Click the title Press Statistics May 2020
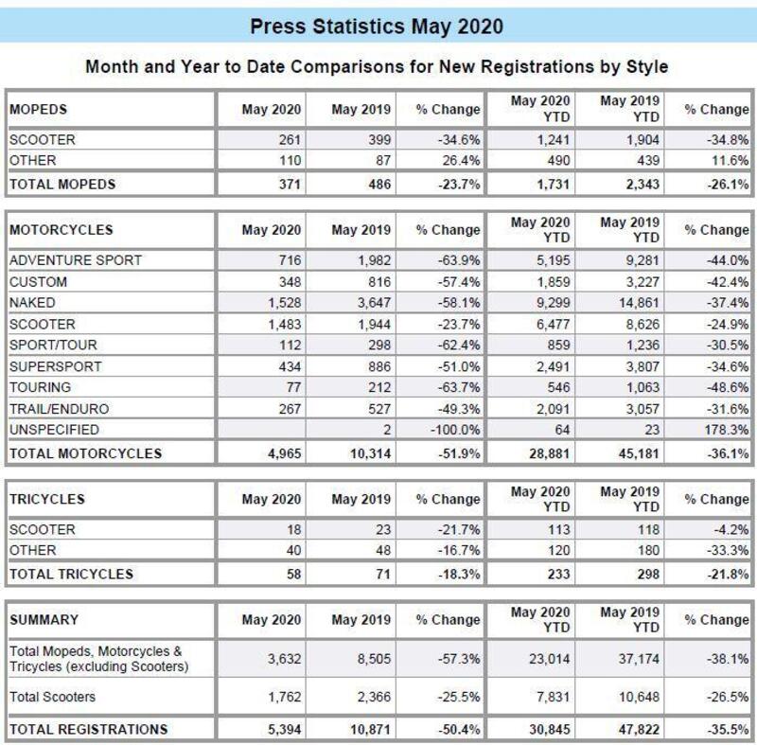[x=377, y=26]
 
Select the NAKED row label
[x=32, y=302]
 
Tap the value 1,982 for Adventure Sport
[x=361, y=259]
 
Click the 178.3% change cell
[x=729, y=429]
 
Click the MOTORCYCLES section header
[x=61, y=229]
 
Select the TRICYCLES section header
[x=46, y=499]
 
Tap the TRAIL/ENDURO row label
[x=59, y=408]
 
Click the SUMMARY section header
[x=44, y=620]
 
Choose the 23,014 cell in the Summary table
[x=546, y=658]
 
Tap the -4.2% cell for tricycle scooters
[x=731, y=529]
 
